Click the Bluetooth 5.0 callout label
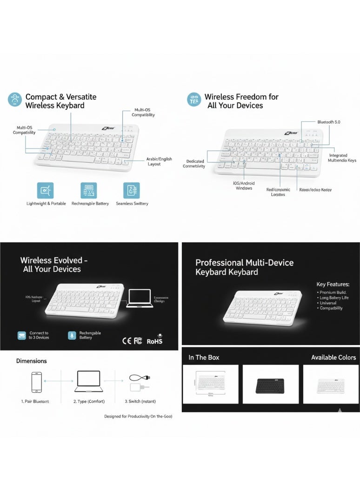tap(329, 122)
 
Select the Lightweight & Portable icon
tap(45, 191)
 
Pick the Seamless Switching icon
tap(131, 191)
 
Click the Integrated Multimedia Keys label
tap(342, 158)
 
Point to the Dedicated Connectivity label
tap(194, 164)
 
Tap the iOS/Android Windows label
tap(244, 186)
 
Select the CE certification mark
tap(127, 341)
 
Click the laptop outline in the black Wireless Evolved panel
tap(140, 298)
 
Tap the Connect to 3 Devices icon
tap(21, 335)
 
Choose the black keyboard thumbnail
tap(270, 385)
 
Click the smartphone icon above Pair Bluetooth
tap(36, 382)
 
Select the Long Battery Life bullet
tap(333, 298)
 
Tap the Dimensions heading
tap(31, 361)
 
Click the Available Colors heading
tap(333, 357)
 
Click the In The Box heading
tap(204, 357)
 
